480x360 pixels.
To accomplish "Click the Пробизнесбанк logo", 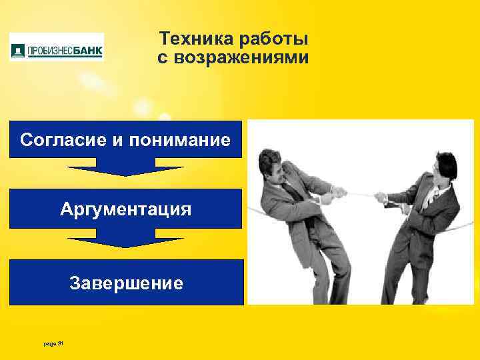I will (57, 49).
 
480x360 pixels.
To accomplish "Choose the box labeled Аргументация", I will (125, 209).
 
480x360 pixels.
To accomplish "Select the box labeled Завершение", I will (125, 283).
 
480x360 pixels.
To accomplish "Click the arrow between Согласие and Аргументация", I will (125, 167).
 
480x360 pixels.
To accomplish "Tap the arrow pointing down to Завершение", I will (125, 237).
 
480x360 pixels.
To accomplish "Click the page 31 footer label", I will (51, 343).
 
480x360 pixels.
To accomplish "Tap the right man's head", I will (444, 164).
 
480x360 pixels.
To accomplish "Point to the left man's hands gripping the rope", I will (337, 193).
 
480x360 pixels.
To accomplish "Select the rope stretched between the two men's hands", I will (360, 195).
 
